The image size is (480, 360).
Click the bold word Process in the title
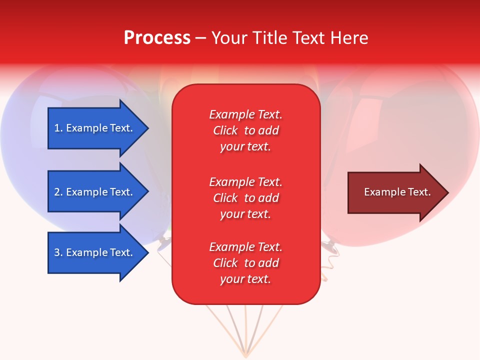click(x=157, y=38)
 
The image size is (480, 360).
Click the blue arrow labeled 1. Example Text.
click(x=95, y=128)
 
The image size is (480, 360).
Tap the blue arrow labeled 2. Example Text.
click(x=95, y=192)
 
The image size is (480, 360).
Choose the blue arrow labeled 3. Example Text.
click(x=95, y=252)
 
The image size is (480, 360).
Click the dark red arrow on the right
click(x=395, y=192)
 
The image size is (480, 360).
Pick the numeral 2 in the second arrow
click(x=57, y=192)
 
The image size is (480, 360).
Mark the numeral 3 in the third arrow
click(x=57, y=252)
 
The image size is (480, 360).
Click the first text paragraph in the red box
click(x=245, y=130)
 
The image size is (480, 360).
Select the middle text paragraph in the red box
click(x=245, y=198)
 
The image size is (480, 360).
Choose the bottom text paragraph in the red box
click(x=245, y=263)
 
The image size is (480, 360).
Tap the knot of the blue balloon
click(x=163, y=244)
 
